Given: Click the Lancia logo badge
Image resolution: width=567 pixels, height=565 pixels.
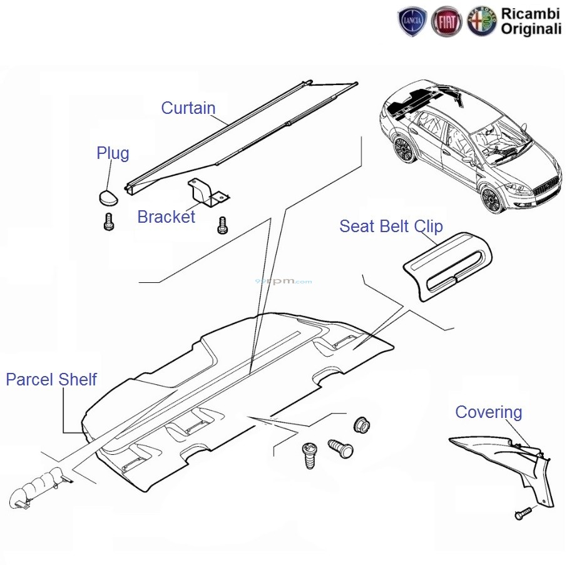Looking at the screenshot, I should [x=412, y=23].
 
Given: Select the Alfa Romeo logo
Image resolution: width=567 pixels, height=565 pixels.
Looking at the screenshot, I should [x=481, y=23].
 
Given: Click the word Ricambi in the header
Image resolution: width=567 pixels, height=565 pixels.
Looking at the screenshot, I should [x=531, y=13].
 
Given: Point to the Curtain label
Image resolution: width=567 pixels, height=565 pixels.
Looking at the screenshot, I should [x=188, y=108].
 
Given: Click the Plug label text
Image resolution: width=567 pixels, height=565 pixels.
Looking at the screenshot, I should [x=113, y=153].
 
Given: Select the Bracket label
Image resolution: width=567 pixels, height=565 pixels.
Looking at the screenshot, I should [x=166, y=217].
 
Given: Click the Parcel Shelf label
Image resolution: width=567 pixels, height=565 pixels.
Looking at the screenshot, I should [x=51, y=379].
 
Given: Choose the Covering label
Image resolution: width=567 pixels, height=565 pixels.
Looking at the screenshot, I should [x=488, y=412].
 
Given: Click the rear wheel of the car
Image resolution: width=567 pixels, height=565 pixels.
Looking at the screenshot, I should [x=404, y=151].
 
